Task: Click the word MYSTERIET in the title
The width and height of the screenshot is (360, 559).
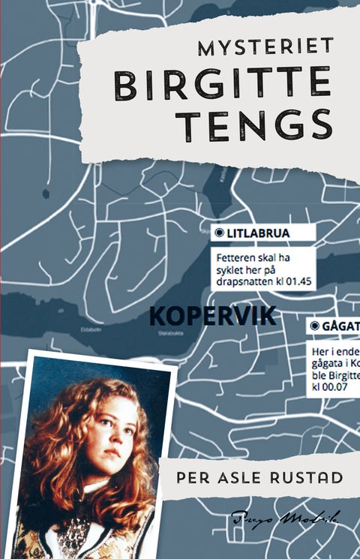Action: coord(265,48)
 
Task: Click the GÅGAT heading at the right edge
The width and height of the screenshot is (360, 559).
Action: coord(341,327)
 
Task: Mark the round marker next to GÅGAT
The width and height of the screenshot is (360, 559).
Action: coord(314,327)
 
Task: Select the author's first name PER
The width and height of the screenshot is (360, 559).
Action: coord(189,478)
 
